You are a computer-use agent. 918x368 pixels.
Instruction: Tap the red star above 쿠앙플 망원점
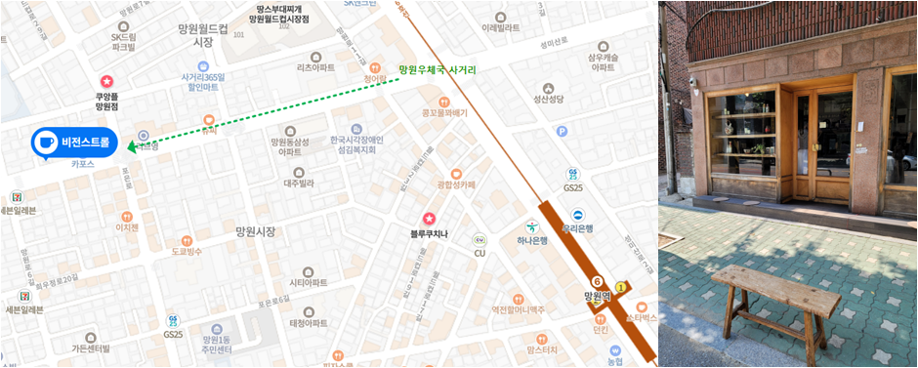[x=106, y=81]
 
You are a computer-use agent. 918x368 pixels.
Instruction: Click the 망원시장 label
[x=256, y=231]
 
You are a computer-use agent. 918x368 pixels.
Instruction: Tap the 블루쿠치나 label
[x=428, y=233]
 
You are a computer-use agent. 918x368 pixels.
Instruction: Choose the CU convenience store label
[x=480, y=253]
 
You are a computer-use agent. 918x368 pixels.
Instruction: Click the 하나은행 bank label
[x=533, y=240]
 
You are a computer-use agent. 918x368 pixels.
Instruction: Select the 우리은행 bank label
[x=577, y=228]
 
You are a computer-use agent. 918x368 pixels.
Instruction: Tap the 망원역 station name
[x=597, y=296]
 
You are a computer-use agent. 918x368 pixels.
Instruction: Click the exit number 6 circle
[x=597, y=281]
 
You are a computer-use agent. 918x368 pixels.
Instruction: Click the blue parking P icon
[x=562, y=132]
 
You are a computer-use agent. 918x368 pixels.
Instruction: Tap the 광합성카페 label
[x=456, y=184]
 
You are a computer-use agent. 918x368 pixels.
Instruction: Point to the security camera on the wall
[x=693, y=83]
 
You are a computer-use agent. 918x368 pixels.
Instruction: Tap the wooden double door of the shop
[x=819, y=144]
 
